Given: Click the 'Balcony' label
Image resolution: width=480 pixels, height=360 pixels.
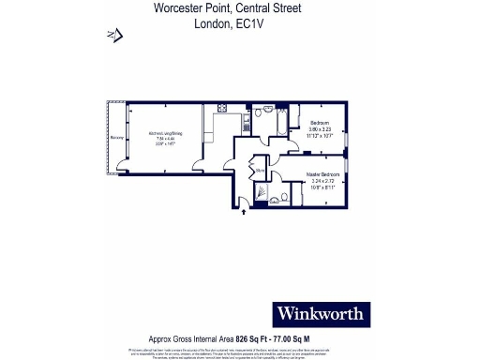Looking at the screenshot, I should (x=116, y=138).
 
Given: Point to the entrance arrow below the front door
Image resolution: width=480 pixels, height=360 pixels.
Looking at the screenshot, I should (x=246, y=212).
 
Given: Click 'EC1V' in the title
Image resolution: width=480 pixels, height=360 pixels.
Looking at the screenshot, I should (x=245, y=24).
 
